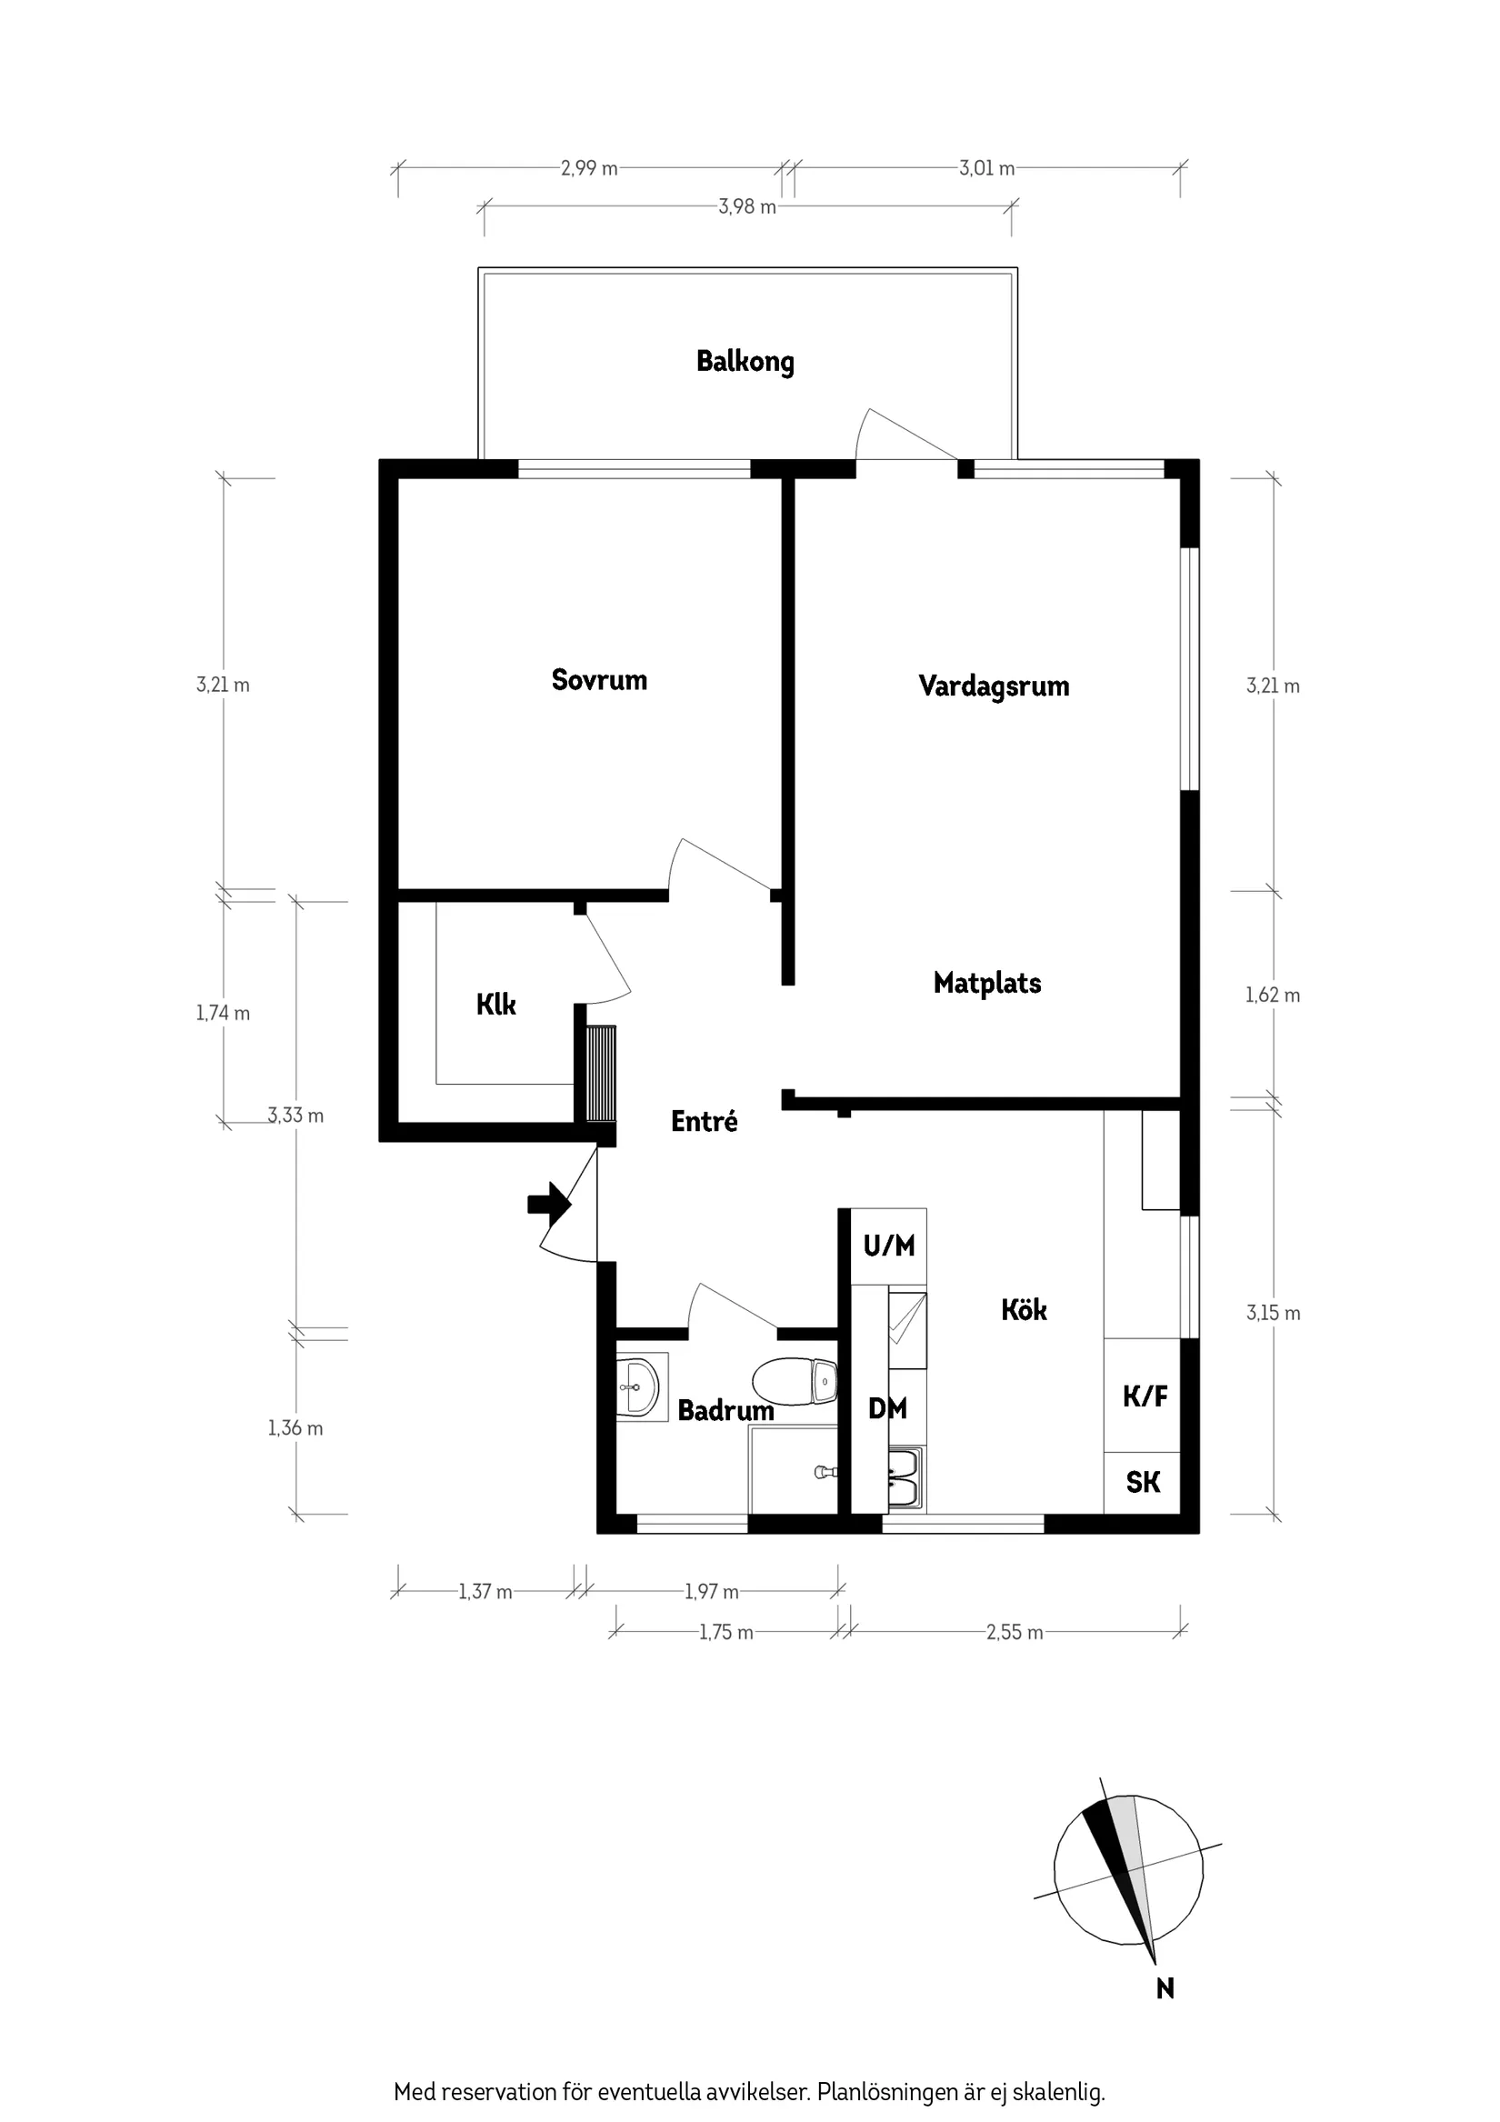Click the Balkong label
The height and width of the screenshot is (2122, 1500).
pyautogui.click(x=745, y=361)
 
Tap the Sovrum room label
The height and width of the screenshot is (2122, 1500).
pyautogui.click(x=599, y=680)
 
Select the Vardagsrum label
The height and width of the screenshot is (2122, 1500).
pyautogui.click(x=994, y=686)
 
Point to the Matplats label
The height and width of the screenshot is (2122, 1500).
pyautogui.click(x=987, y=984)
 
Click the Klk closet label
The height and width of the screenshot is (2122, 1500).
pyautogui.click(x=496, y=1005)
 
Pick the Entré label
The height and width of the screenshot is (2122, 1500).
pyautogui.click(x=705, y=1121)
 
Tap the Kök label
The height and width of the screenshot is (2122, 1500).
pyautogui.click(x=1024, y=1309)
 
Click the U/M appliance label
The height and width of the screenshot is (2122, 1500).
pyautogui.click(x=889, y=1246)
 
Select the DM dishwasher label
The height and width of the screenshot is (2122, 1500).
pyautogui.click(x=887, y=1408)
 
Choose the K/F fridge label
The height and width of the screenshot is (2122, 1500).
pyautogui.click(x=1145, y=1396)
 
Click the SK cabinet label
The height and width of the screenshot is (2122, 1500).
pyautogui.click(x=1144, y=1483)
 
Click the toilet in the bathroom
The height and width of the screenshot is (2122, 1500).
pyautogui.click(x=795, y=1381)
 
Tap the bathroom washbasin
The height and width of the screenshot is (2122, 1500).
pyautogui.click(x=640, y=1386)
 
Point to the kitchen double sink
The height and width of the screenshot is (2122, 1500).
pyautogui.click(x=904, y=1478)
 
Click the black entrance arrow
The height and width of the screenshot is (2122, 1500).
pyautogui.click(x=549, y=1204)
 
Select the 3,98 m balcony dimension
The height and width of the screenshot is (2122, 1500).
pyautogui.click(x=747, y=207)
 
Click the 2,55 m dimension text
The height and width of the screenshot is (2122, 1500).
pyautogui.click(x=1015, y=1632)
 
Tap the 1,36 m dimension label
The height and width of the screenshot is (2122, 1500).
pyautogui.click(x=295, y=1428)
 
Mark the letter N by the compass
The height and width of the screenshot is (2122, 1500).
pyautogui.click(x=1165, y=1988)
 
